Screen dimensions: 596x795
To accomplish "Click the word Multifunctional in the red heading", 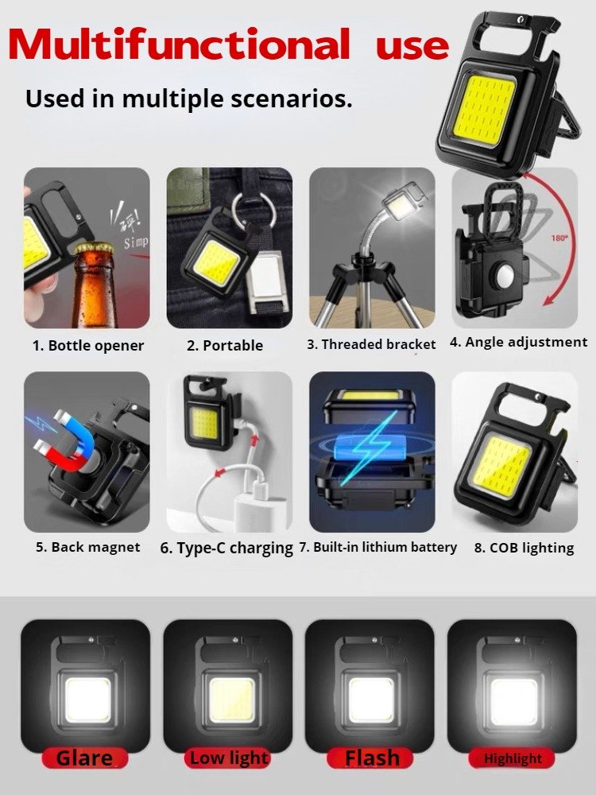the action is tap(179, 44).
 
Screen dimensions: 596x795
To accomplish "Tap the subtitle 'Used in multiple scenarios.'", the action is tap(188, 99).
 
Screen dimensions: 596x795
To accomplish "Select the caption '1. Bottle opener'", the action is tap(88, 346).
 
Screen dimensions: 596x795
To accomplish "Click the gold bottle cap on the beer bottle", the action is tap(95, 248).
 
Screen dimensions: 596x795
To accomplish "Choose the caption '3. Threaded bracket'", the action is tap(371, 345).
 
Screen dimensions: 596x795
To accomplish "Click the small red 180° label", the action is tap(559, 238).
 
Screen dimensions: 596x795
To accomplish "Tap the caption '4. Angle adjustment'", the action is tap(518, 343).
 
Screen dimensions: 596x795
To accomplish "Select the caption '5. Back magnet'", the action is tap(87, 547).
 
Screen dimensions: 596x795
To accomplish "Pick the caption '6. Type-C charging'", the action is tap(226, 548).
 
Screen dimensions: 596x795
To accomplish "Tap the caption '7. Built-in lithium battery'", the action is tap(377, 548).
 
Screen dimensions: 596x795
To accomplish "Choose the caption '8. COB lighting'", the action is tap(524, 548).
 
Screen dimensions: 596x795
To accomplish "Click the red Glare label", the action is tap(85, 758).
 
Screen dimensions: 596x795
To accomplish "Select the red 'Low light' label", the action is tap(228, 758).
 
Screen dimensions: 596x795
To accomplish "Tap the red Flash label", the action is tap(371, 758).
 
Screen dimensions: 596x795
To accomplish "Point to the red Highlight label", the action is tap(512, 758).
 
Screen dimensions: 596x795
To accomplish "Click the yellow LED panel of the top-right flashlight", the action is tap(485, 110).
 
